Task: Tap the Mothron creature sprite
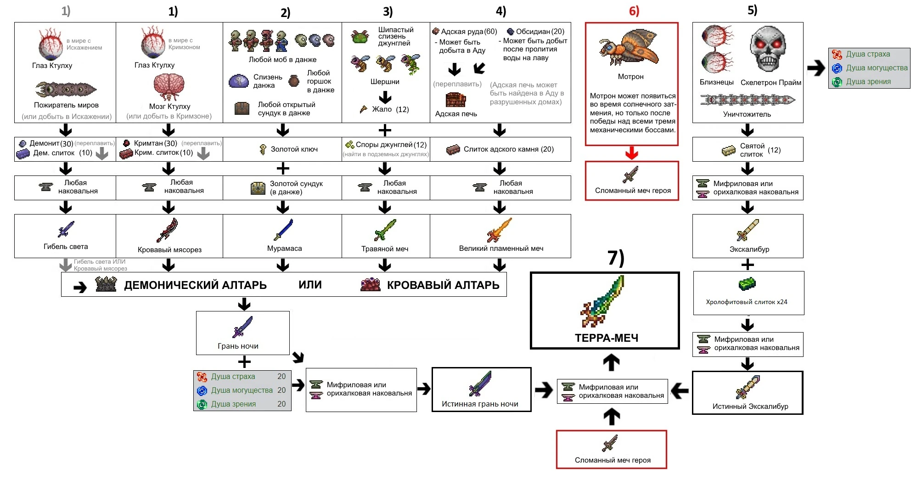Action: [x=629, y=49]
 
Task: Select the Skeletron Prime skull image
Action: [x=768, y=50]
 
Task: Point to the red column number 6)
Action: [x=634, y=11]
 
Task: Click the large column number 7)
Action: [x=616, y=258]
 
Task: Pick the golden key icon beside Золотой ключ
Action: [x=263, y=149]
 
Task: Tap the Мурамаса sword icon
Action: [x=284, y=230]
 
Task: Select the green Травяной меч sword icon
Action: [x=385, y=230]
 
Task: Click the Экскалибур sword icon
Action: [x=748, y=230]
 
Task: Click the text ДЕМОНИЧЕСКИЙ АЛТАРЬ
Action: [x=195, y=285]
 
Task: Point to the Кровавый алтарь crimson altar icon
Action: [x=370, y=285]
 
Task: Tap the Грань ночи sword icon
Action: [x=242, y=327]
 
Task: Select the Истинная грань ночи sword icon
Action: [x=480, y=384]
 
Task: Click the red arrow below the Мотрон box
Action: [x=632, y=153]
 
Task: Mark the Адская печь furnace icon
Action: [x=455, y=100]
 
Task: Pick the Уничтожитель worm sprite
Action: [x=748, y=100]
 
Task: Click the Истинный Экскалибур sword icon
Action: [x=748, y=387]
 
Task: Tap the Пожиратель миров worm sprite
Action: [x=66, y=89]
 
